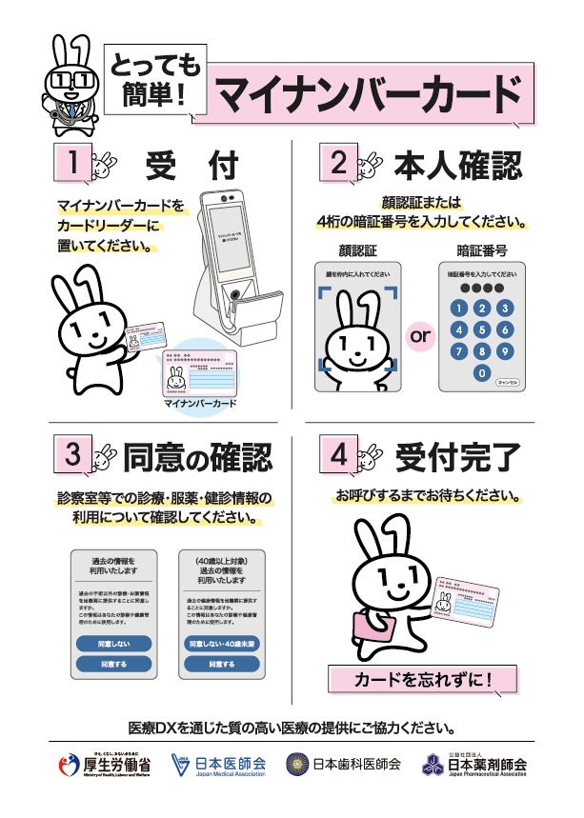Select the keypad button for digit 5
[483, 329]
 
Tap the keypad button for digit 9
[505, 350]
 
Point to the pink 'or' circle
[420, 336]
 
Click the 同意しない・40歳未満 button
[221, 645]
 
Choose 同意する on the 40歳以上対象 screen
[221, 664]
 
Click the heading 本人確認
[457, 165]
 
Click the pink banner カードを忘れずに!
[422, 680]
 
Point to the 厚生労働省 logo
[106, 765]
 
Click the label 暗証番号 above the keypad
[481, 251]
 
